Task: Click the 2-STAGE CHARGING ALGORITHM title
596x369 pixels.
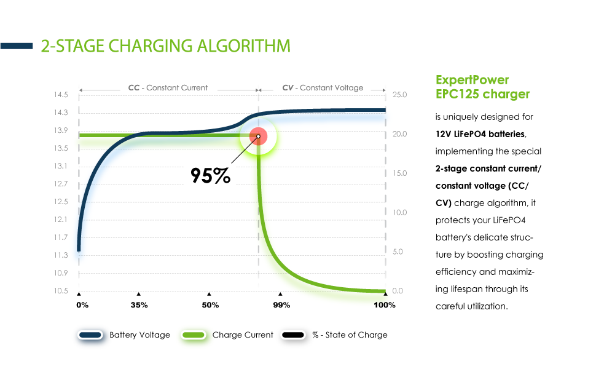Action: click(x=165, y=46)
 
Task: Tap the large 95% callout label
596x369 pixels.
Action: click(x=210, y=176)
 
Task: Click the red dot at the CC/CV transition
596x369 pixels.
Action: click(x=259, y=137)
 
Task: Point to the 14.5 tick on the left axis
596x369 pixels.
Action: click(x=60, y=95)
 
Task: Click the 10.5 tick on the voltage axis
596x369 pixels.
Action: click(x=60, y=291)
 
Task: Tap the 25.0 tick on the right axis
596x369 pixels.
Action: click(x=399, y=95)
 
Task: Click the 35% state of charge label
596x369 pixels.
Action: click(x=139, y=305)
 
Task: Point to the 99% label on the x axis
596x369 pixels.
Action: click(x=281, y=305)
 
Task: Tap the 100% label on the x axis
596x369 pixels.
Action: click(x=385, y=305)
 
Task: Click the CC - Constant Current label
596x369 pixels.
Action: click(x=168, y=88)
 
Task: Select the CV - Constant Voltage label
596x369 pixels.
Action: click(x=323, y=88)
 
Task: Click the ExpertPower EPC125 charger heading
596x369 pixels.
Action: click(x=482, y=87)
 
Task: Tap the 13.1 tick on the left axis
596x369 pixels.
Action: click(x=60, y=166)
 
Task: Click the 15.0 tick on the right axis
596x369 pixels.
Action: click(x=399, y=173)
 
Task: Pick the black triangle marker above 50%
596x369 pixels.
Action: click(x=210, y=294)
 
